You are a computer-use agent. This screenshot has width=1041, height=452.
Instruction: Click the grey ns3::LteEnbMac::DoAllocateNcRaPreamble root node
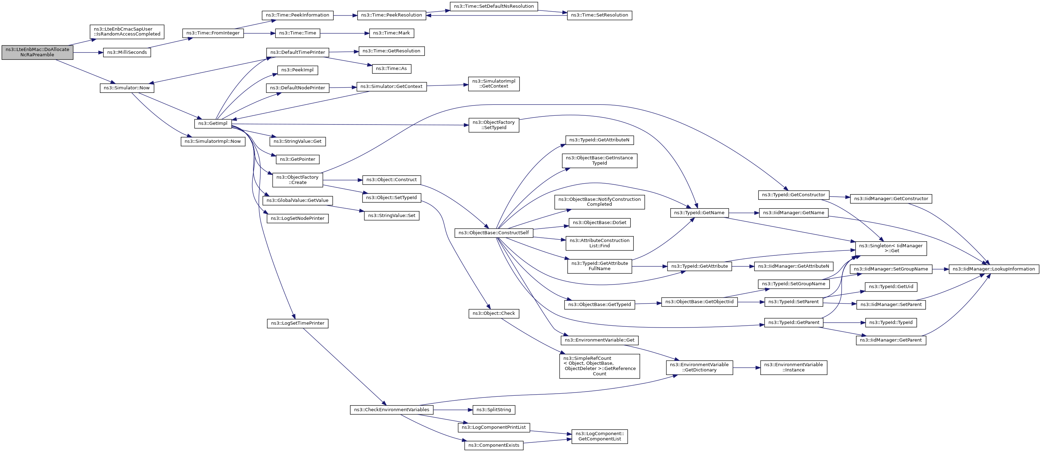click(37, 52)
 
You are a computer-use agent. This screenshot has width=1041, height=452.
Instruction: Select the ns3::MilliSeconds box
click(127, 52)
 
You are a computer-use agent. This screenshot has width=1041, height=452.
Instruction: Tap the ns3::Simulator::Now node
click(127, 88)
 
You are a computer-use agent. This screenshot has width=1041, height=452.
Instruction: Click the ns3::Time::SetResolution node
click(599, 15)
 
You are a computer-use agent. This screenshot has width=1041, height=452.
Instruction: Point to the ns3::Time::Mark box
click(391, 33)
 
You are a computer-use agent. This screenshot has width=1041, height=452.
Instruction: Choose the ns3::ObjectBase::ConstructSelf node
click(494, 233)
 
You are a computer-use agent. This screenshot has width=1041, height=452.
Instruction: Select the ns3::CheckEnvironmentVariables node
click(391, 410)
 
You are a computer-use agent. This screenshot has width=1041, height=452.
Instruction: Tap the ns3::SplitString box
click(494, 410)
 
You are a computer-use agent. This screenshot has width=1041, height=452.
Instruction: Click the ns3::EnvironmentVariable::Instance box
click(794, 368)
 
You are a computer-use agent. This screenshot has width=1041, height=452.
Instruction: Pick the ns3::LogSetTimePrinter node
click(298, 323)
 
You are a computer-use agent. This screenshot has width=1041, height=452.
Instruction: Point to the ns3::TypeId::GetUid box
click(891, 287)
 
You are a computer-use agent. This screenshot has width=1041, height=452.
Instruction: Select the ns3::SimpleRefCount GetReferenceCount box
click(600, 366)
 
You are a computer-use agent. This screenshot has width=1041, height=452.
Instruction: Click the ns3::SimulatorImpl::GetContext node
click(494, 84)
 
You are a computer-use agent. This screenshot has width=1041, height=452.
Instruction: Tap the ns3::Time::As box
click(391, 69)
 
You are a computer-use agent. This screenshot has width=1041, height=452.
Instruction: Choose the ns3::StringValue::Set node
click(391, 216)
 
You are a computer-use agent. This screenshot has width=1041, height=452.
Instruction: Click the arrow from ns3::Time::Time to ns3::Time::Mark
click(345, 33)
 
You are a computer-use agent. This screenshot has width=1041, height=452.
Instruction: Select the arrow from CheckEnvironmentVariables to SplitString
click(453, 410)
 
